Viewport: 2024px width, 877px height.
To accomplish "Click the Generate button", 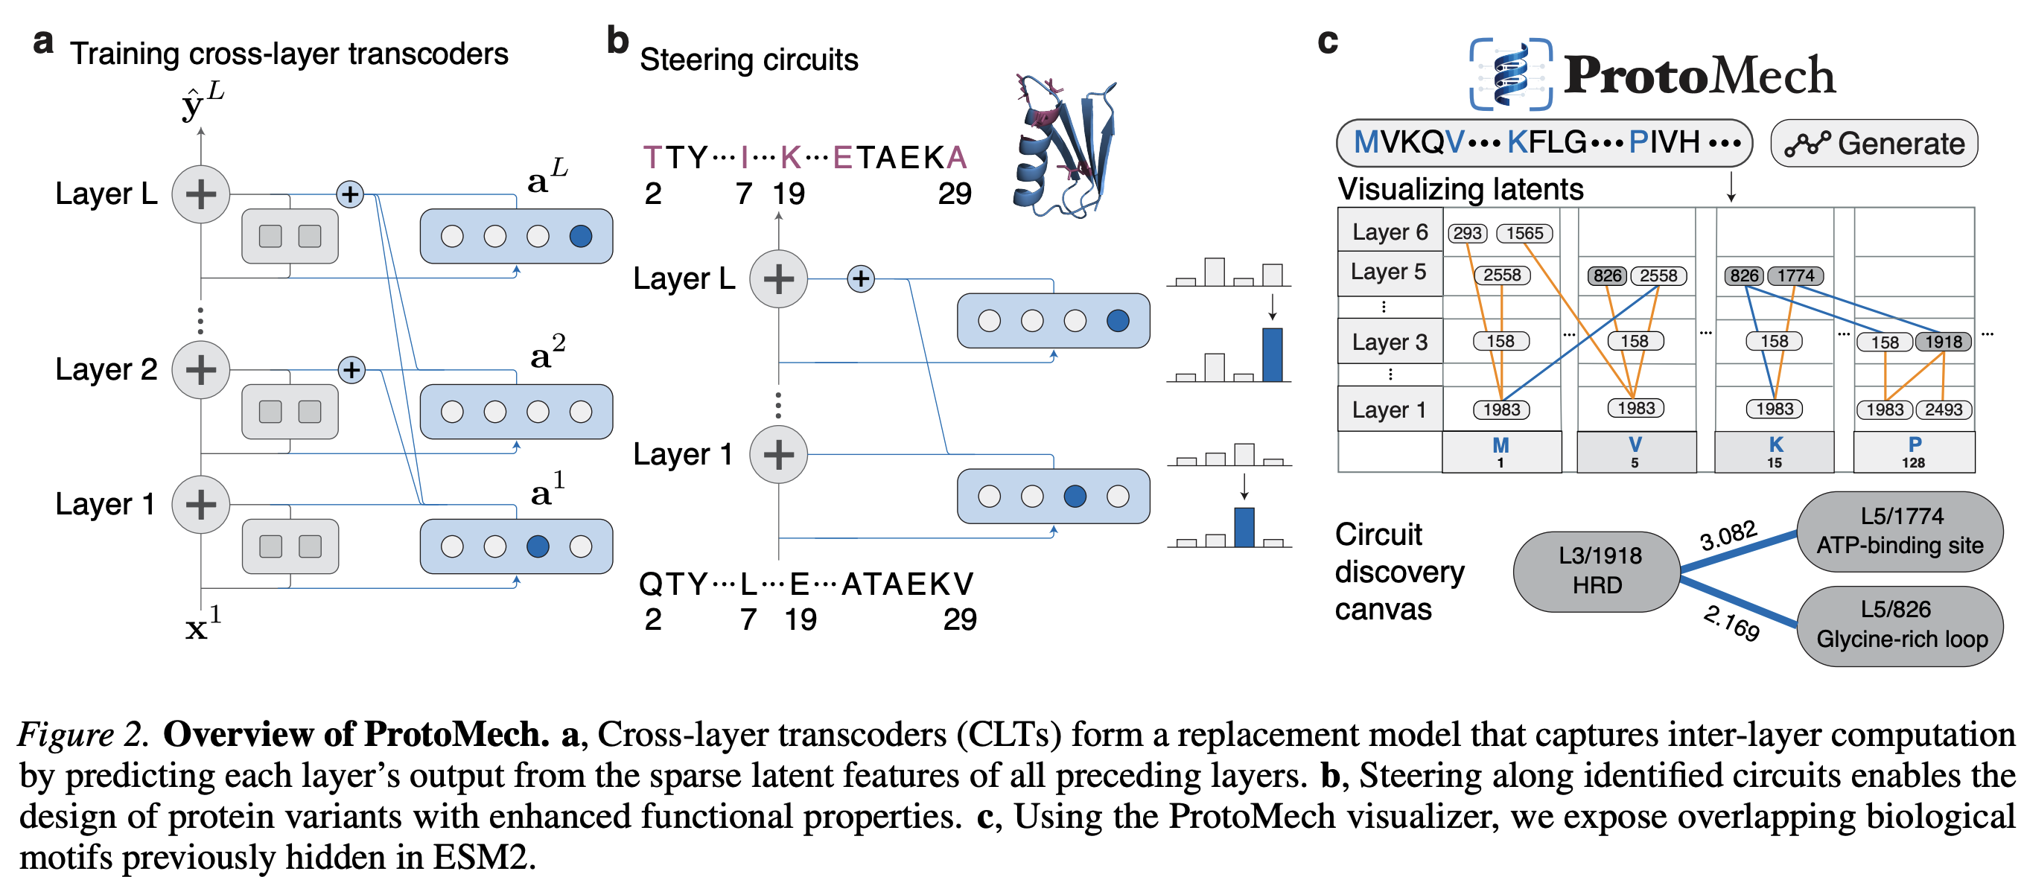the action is pyautogui.click(x=1874, y=143).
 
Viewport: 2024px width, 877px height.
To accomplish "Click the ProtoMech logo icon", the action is pyautogui.click(x=1511, y=74).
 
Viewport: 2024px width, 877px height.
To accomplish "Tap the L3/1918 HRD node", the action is pyautogui.click(x=1597, y=571).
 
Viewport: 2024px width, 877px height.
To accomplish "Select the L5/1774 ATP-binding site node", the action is pyautogui.click(x=1900, y=530).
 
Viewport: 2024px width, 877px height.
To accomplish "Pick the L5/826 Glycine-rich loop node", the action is pyautogui.click(x=1900, y=625).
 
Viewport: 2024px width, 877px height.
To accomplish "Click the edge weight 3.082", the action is pyautogui.click(x=1728, y=536).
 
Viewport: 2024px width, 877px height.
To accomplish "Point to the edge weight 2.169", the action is pyautogui.click(x=1731, y=623).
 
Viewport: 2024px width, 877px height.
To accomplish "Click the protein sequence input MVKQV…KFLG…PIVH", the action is pyautogui.click(x=1544, y=143).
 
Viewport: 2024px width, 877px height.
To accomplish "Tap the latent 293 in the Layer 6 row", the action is pyautogui.click(x=1467, y=234).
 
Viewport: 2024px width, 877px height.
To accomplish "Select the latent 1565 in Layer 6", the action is pyautogui.click(x=1524, y=234).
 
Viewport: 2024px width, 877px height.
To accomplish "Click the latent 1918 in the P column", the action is pyautogui.click(x=1943, y=342).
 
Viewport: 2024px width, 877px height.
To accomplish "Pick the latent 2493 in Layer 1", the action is pyautogui.click(x=1943, y=409).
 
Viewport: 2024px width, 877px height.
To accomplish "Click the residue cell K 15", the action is pyautogui.click(x=1774, y=452).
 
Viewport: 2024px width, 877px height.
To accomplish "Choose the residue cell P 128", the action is pyautogui.click(x=1914, y=452).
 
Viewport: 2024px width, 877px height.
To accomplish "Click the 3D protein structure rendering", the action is pyautogui.click(x=1065, y=146).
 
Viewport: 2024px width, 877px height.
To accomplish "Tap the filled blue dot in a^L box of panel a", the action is pyautogui.click(x=581, y=236).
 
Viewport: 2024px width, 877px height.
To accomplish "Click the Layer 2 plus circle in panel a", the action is pyautogui.click(x=201, y=369).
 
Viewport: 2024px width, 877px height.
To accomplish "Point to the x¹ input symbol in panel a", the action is pyautogui.click(x=203, y=624).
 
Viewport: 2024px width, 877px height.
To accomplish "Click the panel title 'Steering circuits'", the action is pyautogui.click(x=749, y=60).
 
